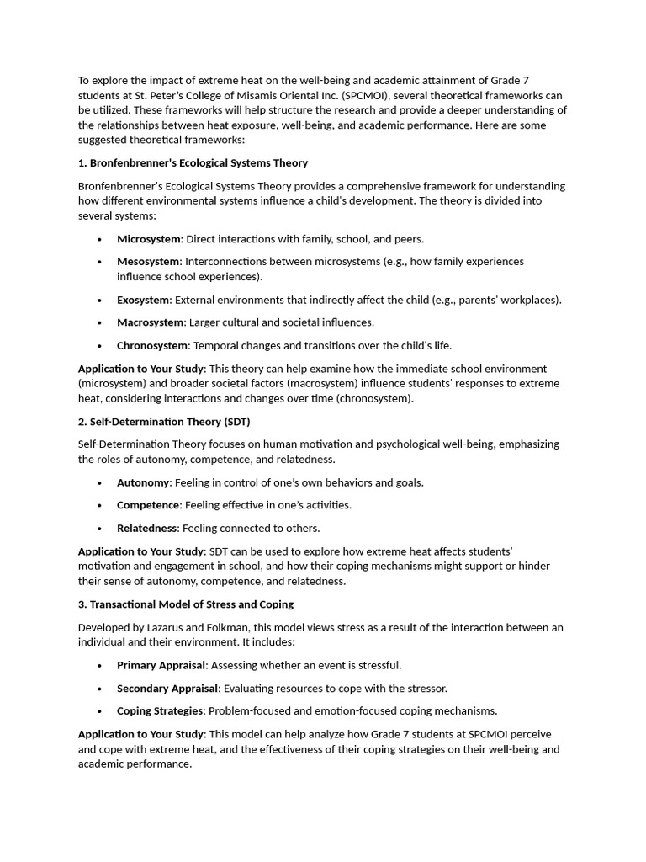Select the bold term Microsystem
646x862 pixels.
click(x=148, y=239)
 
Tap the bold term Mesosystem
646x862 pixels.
click(x=148, y=262)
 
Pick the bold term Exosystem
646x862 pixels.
click(x=143, y=300)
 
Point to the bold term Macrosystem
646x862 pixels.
click(x=151, y=322)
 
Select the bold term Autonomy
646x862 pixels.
click(x=143, y=482)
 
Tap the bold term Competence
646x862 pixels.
click(x=148, y=505)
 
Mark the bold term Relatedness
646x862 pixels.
click(x=147, y=529)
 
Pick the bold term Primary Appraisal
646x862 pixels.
click(x=161, y=665)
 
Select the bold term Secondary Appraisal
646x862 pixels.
click(x=167, y=689)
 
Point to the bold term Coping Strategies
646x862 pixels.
click(x=160, y=711)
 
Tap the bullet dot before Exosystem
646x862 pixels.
click(x=100, y=301)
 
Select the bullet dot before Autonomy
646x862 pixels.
click(x=100, y=483)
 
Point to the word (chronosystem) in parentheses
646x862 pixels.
click(x=373, y=399)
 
